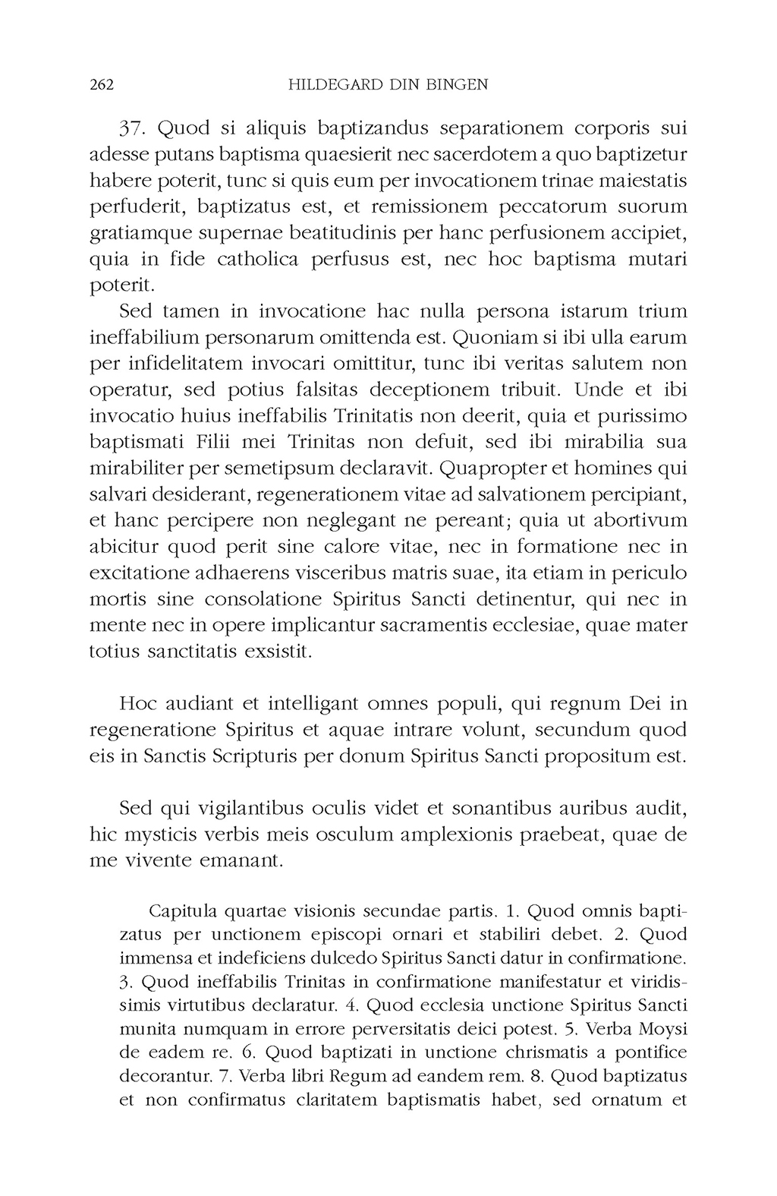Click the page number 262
click(x=102, y=85)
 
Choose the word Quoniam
click(x=492, y=337)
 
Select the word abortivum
click(x=639, y=521)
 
